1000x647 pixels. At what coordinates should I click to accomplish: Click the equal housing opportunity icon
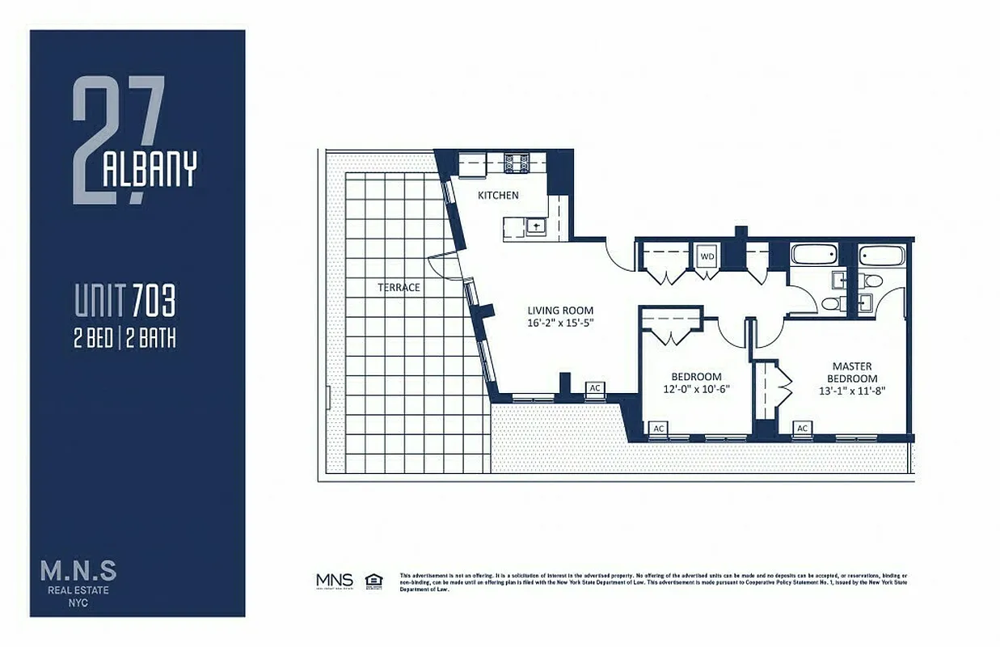coord(373,580)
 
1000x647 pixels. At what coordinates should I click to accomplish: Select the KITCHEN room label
coord(498,195)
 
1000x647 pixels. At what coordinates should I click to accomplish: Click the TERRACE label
coord(399,287)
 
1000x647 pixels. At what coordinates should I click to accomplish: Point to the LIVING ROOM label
coord(560,310)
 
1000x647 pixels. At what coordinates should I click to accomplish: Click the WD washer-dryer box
coord(707,256)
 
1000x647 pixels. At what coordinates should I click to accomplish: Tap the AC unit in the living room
coord(595,388)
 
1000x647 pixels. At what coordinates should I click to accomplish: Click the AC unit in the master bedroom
coord(803,428)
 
